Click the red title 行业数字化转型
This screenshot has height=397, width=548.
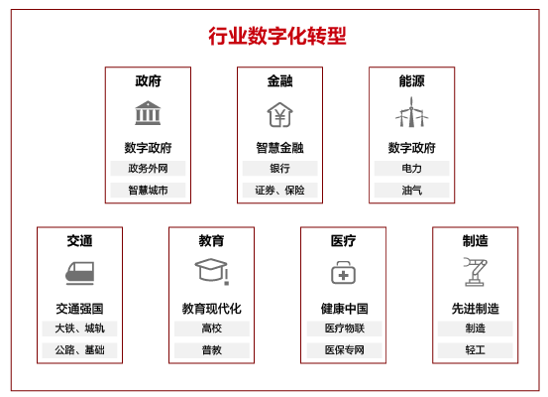pos(277,36)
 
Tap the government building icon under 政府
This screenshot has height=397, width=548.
pos(148,113)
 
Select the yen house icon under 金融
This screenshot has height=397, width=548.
pos(279,114)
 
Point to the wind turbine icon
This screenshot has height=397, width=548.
pos(411,112)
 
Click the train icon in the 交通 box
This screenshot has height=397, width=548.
pos(79,273)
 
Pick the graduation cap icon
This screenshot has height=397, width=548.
pos(212,271)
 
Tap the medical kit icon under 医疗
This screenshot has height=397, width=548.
pos(343,272)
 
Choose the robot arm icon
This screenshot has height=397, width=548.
pos(475,272)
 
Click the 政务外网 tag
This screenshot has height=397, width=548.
pos(148,169)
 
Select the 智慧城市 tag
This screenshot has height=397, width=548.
pos(148,191)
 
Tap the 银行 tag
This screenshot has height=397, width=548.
pos(279,169)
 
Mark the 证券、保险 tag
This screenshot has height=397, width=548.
pos(279,191)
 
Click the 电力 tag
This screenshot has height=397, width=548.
pos(411,169)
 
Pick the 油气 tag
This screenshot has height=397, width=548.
pos(411,191)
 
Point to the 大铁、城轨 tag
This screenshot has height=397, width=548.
pos(79,329)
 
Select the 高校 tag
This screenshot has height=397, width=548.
pos(212,329)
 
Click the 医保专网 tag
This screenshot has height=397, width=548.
pos(344,350)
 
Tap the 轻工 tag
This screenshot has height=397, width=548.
pos(476,350)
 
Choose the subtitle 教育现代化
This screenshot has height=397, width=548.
pos(212,309)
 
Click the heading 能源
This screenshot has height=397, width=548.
pos(411,81)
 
